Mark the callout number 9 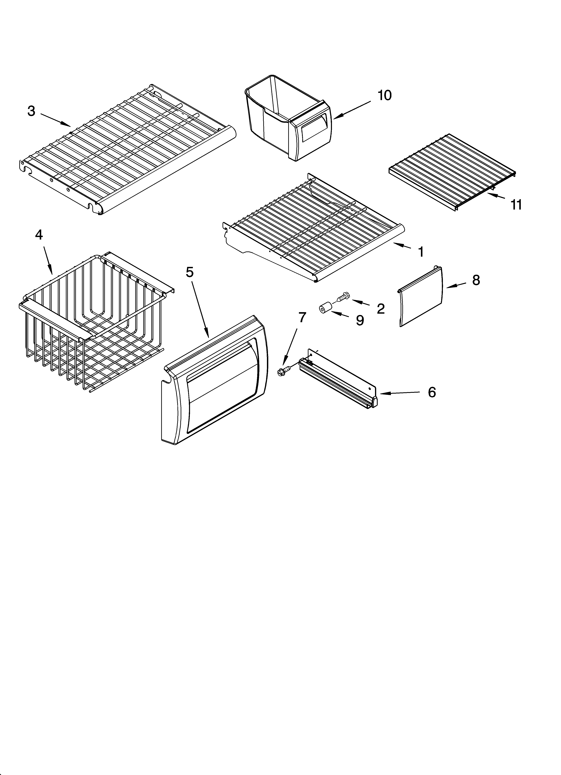point(360,320)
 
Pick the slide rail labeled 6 point(338,379)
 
